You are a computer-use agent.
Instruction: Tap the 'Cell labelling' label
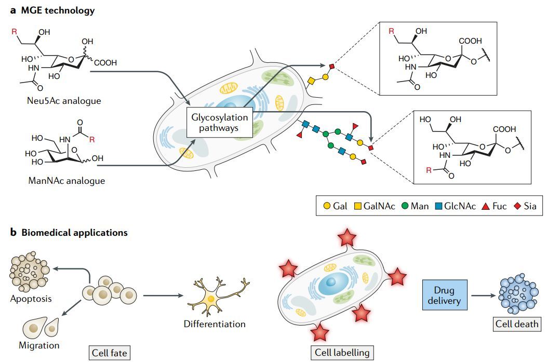click(342, 352)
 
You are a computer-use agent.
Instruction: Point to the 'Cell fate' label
click(109, 353)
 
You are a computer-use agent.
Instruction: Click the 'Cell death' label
click(517, 325)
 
